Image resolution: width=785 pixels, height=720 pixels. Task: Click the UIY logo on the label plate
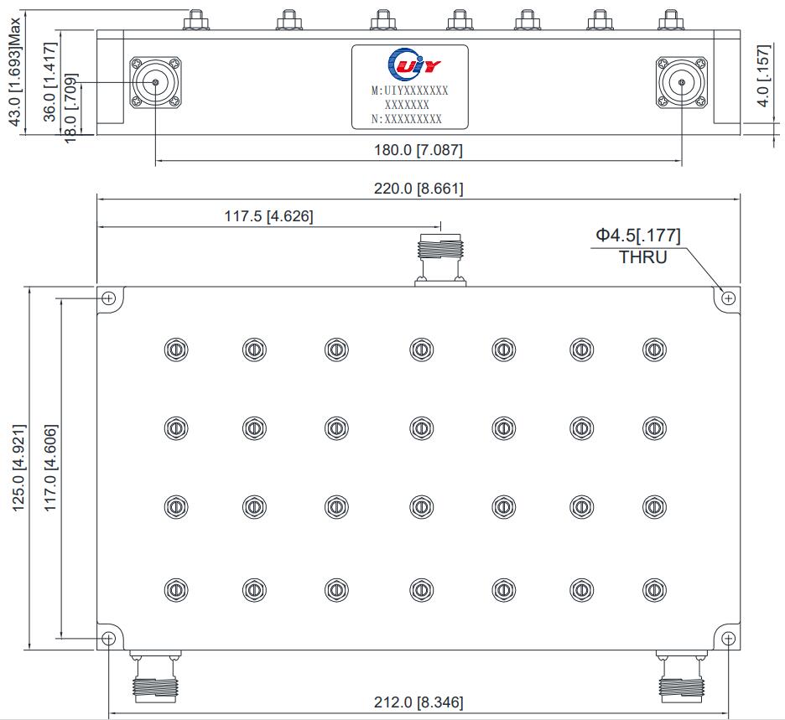[414, 64]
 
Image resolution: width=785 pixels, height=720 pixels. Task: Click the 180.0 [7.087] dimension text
[418, 149]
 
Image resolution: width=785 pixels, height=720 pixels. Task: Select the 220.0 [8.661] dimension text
[418, 188]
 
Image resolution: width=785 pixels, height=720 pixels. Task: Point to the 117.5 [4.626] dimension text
[269, 216]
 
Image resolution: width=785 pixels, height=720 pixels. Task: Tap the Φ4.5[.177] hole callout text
[638, 236]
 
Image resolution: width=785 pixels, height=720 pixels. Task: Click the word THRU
[643, 257]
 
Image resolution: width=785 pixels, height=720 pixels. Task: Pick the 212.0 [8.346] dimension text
[418, 702]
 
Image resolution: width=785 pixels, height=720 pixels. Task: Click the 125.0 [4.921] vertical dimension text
[19, 468]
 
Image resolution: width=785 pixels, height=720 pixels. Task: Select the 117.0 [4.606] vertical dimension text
[50, 468]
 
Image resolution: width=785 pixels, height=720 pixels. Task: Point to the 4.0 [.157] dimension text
[762, 75]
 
